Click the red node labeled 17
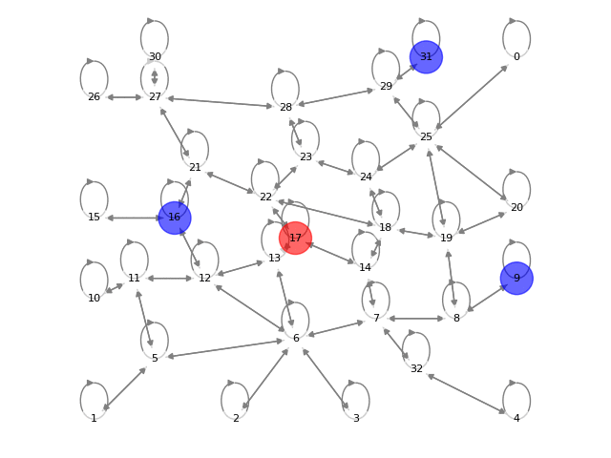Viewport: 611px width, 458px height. [295, 238]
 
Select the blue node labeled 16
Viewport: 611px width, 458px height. [175, 218]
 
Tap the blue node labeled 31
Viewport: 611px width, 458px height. [426, 57]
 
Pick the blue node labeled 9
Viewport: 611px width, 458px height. [516, 278]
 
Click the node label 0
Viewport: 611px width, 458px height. [516, 57]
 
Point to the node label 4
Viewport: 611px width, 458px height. [516, 418]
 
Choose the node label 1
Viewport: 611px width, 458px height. [94, 418]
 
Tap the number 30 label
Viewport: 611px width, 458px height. [155, 57]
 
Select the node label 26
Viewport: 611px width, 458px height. [94, 97]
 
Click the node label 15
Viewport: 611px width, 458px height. [94, 218]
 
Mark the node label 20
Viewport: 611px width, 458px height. [516, 207]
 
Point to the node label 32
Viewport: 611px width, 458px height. [416, 368]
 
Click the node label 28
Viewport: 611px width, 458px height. [285, 107]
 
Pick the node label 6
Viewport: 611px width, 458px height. [296, 339]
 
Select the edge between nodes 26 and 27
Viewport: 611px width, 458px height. [124, 97]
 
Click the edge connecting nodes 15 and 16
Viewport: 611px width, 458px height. [134, 218]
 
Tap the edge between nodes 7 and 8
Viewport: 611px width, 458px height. [416, 318]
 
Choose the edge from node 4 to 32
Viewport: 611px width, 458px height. [466, 393]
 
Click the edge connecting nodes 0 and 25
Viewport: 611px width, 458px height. [472, 96]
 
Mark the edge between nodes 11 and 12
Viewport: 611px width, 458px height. [169, 278]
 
